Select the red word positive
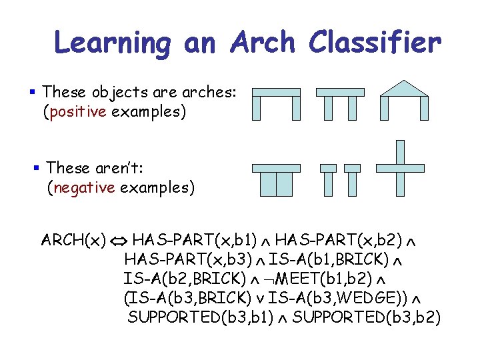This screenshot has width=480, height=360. [75, 111]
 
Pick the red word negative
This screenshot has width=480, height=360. [81, 188]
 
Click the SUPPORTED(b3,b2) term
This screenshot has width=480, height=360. [367, 317]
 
